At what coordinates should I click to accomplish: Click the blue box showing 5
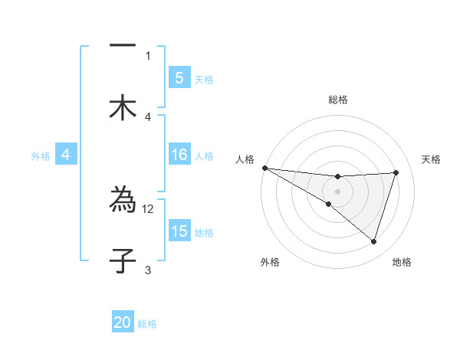click(179, 77)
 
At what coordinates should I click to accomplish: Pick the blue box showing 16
click(179, 155)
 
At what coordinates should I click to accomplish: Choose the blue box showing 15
click(179, 231)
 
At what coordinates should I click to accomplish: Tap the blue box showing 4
click(66, 155)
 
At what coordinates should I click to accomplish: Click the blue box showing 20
click(123, 322)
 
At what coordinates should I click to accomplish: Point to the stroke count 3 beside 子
click(148, 270)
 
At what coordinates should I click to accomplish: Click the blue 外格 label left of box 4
click(40, 155)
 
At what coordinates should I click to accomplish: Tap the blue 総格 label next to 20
click(147, 324)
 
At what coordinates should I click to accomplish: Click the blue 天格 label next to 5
click(204, 79)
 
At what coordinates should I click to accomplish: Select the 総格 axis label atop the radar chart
click(337, 100)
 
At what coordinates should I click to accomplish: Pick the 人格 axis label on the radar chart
click(245, 159)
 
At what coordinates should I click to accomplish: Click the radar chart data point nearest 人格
click(264, 168)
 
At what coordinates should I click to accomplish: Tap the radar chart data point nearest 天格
click(396, 172)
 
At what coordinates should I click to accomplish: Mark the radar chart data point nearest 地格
click(373, 241)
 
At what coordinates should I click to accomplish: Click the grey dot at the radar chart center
click(337, 191)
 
